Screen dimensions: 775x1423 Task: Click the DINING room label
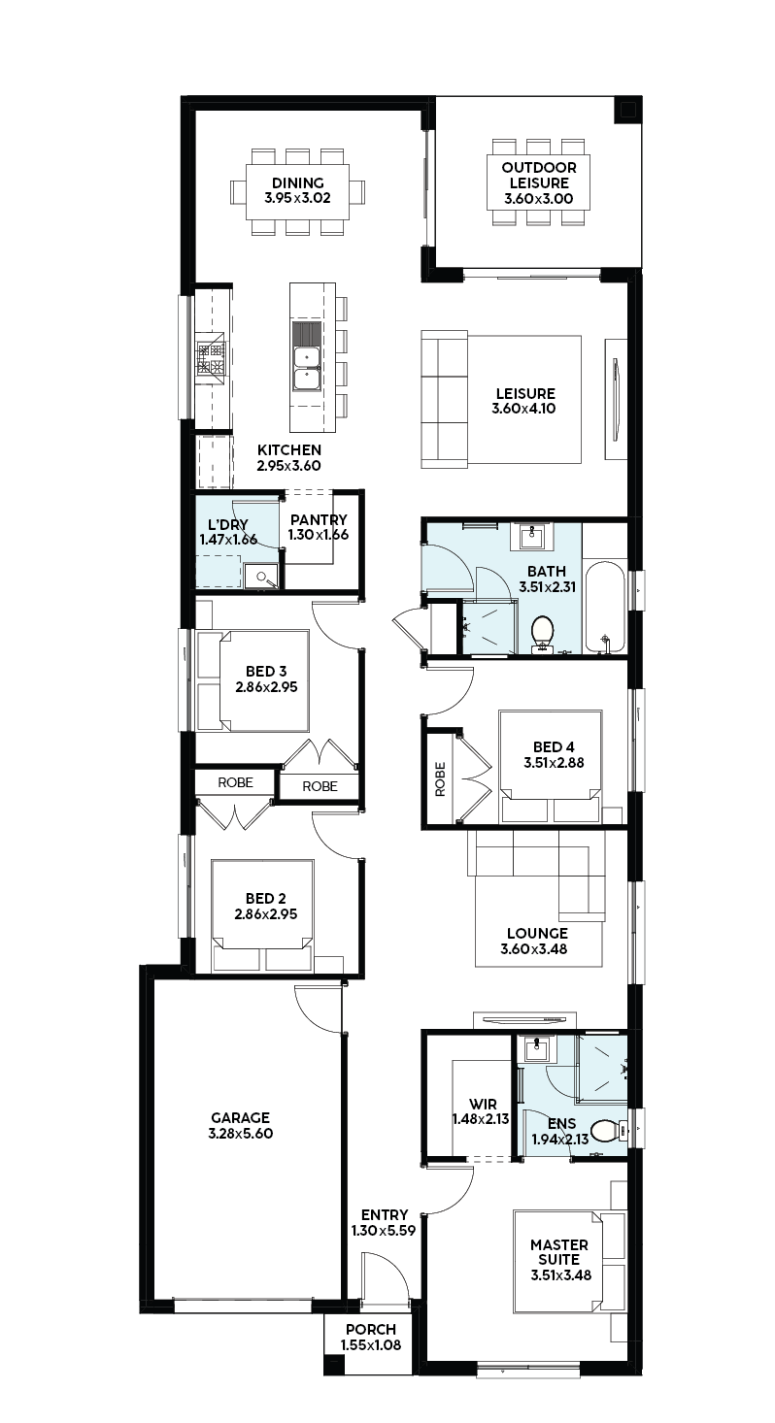(x=297, y=182)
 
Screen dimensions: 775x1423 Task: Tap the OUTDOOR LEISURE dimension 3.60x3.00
(x=538, y=198)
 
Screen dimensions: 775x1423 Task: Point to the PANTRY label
(x=319, y=519)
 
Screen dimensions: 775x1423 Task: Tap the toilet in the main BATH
(x=542, y=634)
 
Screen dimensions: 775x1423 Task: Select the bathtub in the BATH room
(x=605, y=607)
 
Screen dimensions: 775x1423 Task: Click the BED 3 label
(x=266, y=671)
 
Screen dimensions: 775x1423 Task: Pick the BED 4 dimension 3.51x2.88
(x=554, y=762)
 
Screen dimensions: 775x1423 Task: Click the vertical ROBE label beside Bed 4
(x=440, y=779)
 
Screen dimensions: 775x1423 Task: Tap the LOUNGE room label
(x=537, y=933)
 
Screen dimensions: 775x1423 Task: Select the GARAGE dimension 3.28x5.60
(x=240, y=1134)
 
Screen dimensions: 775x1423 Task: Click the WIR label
(x=483, y=1104)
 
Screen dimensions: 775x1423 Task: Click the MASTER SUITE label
(x=559, y=1251)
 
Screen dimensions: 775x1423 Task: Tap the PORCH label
(x=371, y=1329)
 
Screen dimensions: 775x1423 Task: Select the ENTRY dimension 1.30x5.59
(x=384, y=1231)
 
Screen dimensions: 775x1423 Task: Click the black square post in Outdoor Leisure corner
(x=626, y=111)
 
